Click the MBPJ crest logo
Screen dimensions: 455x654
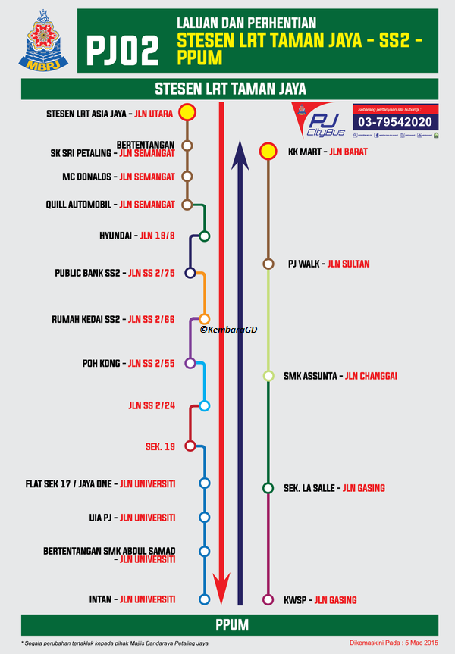[44, 42]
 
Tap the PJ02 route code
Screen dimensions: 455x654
[124, 50]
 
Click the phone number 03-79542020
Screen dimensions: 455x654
[395, 121]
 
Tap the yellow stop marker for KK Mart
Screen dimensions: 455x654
[268, 152]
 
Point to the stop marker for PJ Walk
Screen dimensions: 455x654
[268, 264]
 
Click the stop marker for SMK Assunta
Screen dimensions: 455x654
[268, 376]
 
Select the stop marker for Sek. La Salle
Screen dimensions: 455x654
[268, 488]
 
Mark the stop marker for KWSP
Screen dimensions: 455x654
[268, 600]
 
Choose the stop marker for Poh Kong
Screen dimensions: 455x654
[190, 364]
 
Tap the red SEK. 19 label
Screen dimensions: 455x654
[160, 446]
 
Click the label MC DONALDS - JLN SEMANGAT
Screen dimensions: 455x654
[118, 177]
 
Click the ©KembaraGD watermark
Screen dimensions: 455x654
[228, 330]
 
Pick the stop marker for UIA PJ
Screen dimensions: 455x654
[203, 518]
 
